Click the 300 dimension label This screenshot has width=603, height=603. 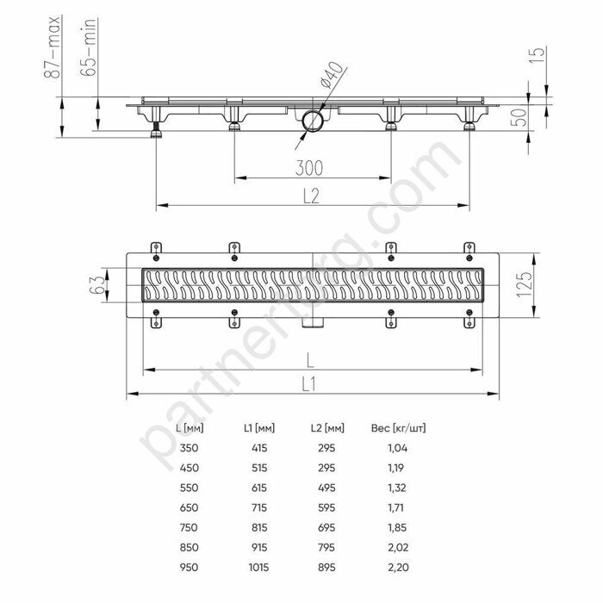(x=309, y=168)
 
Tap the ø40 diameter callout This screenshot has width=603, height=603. (x=331, y=75)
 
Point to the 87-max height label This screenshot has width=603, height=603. (x=52, y=47)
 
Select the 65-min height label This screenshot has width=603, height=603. (x=88, y=47)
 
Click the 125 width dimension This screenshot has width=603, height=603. (x=524, y=284)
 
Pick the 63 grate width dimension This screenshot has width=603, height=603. (x=96, y=284)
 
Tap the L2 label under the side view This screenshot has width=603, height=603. (x=311, y=196)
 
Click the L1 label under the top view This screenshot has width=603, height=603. (x=308, y=384)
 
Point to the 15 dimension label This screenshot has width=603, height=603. (x=538, y=55)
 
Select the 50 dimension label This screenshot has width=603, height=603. (x=519, y=117)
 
